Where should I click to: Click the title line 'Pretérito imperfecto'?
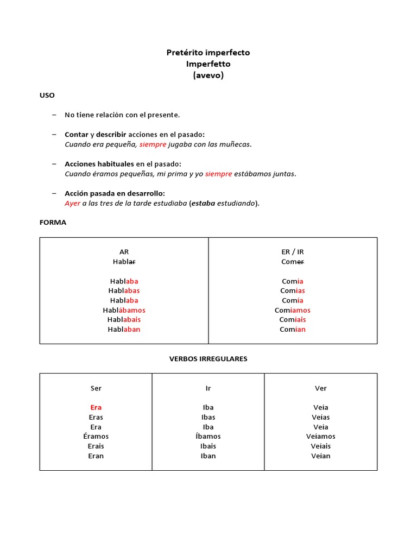pyautogui.click(x=208, y=53)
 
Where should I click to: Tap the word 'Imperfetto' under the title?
pyautogui.click(x=208, y=64)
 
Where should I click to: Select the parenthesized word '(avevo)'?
pyautogui.click(x=208, y=75)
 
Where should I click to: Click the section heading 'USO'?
pyautogui.click(x=47, y=95)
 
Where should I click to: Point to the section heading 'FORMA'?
pyautogui.click(x=53, y=222)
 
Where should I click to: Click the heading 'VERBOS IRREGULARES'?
pyautogui.click(x=208, y=359)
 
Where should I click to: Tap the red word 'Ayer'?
pyautogui.click(x=72, y=203)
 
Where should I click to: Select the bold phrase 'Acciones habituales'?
pyautogui.click(x=99, y=164)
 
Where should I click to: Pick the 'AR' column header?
pyautogui.click(x=124, y=252)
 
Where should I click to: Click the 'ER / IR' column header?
pyautogui.click(x=293, y=252)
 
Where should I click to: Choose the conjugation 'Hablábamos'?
pyautogui.click(x=124, y=310)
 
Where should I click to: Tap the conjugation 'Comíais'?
pyautogui.click(x=293, y=320)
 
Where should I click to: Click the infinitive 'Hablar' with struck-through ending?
pyautogui.click(x=124, y=262)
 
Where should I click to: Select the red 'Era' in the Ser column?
pyautogui.click(x=96, y=407)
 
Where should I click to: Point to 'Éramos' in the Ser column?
pyautogui.click(x=96, y=437)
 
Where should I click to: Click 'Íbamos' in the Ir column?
pyautogui.click(x=208, y=437)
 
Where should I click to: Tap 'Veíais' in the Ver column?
pyautogui.click(x=320, y=446)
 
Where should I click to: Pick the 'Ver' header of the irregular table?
pyautogui.click(x=320, y=388)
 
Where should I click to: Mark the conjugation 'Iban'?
pyautogui.click(x=208, y=456)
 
